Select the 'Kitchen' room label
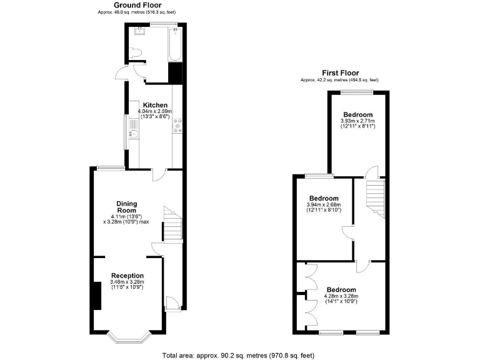tap(154, 104)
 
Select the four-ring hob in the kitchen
tap(177, 126)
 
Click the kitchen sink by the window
tap(133, 131)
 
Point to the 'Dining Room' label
tap(127, 207)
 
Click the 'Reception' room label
tap(127, 276)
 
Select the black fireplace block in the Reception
tap(96, 296)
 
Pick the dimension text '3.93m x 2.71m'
tap(357, 121)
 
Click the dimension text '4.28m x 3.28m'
tap(341, 296)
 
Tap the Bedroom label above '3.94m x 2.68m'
tap(324, 197)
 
